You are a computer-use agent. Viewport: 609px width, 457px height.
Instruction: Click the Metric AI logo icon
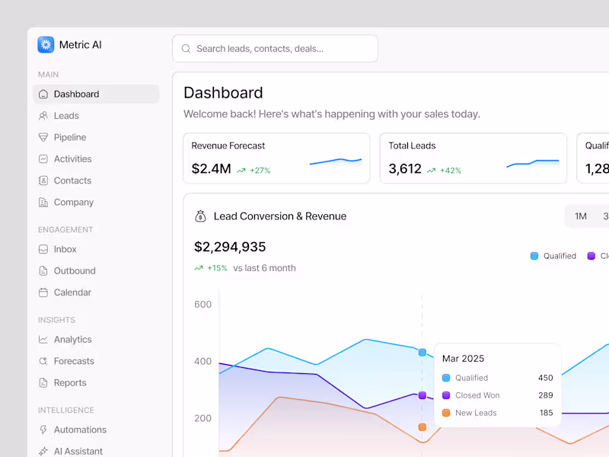pyautogui.click(x=46, y=45)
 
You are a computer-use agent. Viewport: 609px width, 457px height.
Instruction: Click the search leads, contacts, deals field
pyautogui.click(x=275, y=49)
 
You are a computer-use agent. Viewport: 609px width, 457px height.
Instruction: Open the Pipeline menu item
pyautogui.click(x=69, y=138)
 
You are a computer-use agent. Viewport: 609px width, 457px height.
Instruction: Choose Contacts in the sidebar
pyautogui.click(x=72, y=181)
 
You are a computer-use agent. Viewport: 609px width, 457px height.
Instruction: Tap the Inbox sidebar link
pyautogui.click(x=65, y=249)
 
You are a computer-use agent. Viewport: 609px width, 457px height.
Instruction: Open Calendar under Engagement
pyautogui.click(x=72, y=292)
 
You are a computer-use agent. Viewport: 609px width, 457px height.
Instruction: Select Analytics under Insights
pyautogui.click(x=72, y=340)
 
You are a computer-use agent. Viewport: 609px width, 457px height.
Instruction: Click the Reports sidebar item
pyautogui.click(x=70, y=383)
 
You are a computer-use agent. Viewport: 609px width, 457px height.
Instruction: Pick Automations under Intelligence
pyautogui.click(x=80, y=430)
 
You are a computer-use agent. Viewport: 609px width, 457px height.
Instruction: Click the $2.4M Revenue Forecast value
pyautogui.click(x=211, y=169)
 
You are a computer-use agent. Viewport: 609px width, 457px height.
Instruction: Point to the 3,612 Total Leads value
pyautogui.click(x=405, y=169)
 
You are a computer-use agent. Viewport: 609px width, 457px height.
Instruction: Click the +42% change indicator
pyautogui.click(x=450, y=171)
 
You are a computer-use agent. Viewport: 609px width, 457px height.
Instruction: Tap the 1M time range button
pyautogui.click(x=581, y=216)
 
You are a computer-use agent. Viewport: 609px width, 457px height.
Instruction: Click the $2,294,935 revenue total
pyautogui.click(x=230, y=247)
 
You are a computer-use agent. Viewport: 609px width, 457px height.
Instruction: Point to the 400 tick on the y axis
pyautogui.click(x=202, y=361)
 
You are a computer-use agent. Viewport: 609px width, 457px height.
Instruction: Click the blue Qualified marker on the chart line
pyautogui.click(x=422, y=353)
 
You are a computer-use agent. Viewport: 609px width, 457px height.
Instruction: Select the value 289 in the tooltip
pyautogui.click(x=545, y=395)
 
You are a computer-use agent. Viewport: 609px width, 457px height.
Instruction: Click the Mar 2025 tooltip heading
pyautogui.click(x=463, y=359)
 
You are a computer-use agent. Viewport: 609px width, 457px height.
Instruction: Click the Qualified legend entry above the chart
pyautogui.click(x=553, y=256)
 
